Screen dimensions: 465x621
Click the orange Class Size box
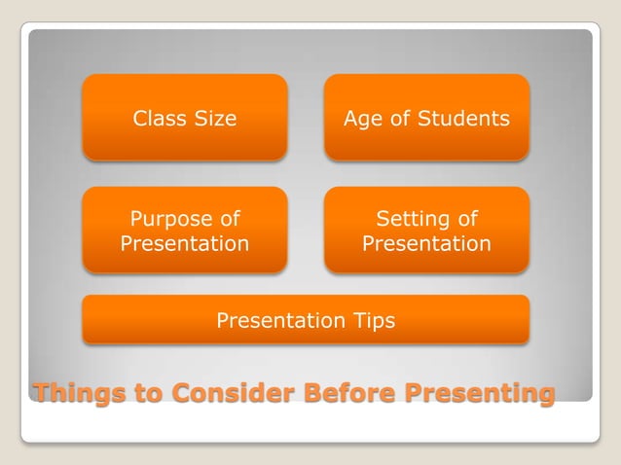point(185,118)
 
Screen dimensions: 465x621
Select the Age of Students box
point(426,118)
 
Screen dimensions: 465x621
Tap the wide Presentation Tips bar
point(306,320)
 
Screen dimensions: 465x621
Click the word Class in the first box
point(160,119)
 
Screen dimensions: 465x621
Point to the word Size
point(215,119)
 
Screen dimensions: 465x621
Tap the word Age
point(362,120)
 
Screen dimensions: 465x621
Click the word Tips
point(374,321)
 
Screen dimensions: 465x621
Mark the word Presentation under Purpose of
point(185,243)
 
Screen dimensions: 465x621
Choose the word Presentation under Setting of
point(426,243)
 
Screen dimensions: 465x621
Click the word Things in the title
point(75,394)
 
